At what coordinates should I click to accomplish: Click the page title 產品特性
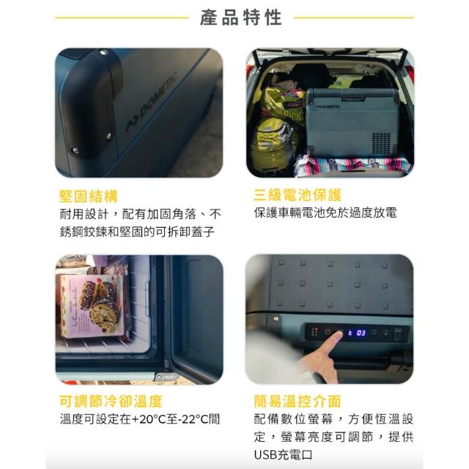[241, 18]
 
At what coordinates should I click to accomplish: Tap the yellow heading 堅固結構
[89, 196]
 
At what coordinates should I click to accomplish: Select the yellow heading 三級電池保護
[298, 195]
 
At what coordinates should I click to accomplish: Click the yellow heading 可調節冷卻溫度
[111, 402]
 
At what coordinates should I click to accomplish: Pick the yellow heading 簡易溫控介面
[298, 402]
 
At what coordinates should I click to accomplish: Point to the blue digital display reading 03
[361, 333]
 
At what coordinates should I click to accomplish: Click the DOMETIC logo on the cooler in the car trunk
[328, 106]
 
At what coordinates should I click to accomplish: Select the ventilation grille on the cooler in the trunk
[381, 143]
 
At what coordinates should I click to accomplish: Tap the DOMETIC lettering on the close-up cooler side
[151, 102]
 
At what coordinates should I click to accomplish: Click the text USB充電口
[283, 454]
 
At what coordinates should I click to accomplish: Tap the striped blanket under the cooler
[353, 164]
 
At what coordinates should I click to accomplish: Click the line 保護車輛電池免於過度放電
[325, 213]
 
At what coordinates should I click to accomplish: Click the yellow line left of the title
[122, 18]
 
